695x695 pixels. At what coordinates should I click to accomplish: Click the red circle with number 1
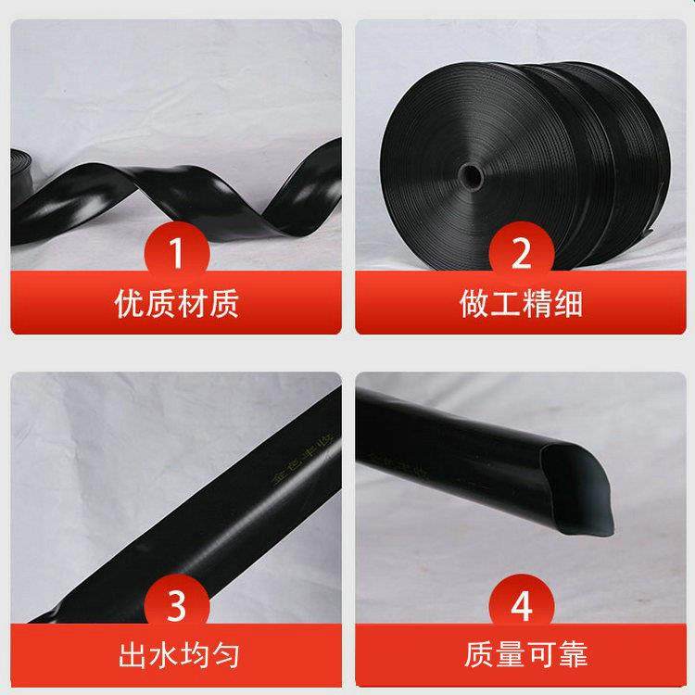coord(176,249)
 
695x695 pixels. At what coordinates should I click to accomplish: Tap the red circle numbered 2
coord(520,249)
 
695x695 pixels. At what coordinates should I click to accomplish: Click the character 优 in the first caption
coord(129,303)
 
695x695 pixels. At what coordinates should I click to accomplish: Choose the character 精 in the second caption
coord(537,303)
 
